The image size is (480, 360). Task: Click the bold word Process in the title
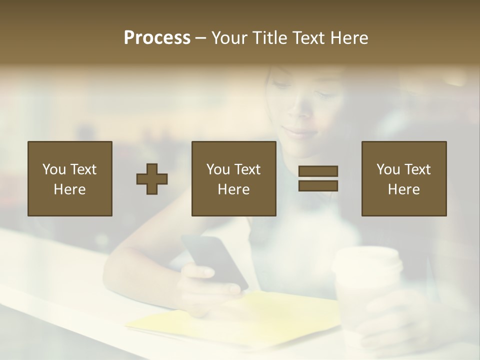point(157,38)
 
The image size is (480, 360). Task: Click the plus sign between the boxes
point(152,179)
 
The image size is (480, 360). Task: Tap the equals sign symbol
point(318,178)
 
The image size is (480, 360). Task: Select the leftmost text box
point(70,179)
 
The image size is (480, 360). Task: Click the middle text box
point(234,179)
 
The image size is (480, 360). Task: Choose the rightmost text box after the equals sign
point(404,179)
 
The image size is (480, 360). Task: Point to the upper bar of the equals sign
point(318,171)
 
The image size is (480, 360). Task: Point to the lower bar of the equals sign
point(318,186)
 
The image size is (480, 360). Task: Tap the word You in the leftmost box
point(54,169)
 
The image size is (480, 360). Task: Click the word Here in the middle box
point(234,189)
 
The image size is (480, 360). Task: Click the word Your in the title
point(229,38)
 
